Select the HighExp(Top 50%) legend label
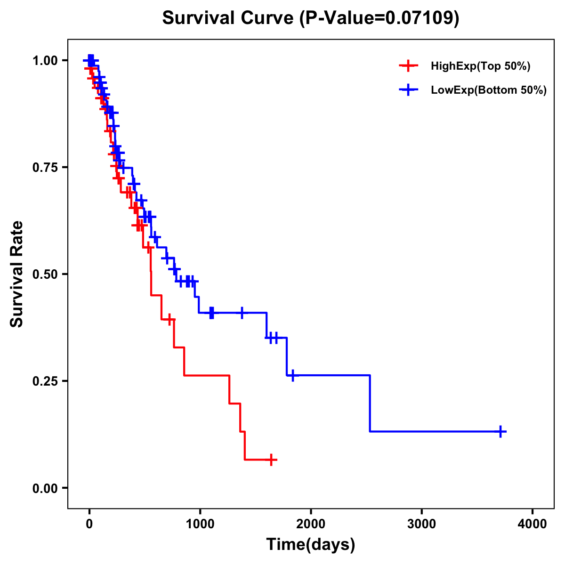[481, 66]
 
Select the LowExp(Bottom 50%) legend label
[489, 90]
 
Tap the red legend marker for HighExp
[408, 66]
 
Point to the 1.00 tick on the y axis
[46, 61]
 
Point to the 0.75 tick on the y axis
[46, 168]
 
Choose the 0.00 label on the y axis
[46, 488]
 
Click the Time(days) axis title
[311, 545]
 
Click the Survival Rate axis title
[17, 274]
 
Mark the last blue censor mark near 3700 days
[501, 431]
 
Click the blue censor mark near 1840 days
[293, 376]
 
